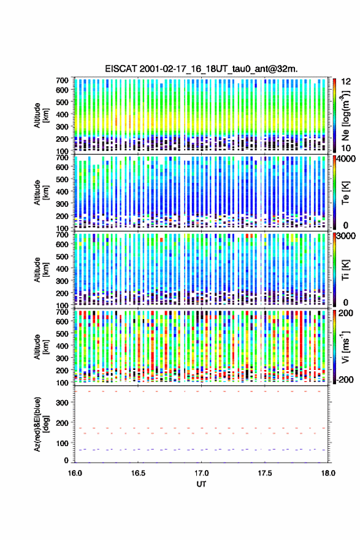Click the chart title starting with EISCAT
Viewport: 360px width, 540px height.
tap(201, 69)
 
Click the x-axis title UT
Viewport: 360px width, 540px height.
tap(201, 484)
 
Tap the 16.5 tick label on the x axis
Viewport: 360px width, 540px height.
tap(138, 473)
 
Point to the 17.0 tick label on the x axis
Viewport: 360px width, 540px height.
tap(201, 473)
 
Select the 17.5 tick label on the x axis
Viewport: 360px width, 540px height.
tap(265, 473)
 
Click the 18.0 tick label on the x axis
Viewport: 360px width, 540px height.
tap(328, 473)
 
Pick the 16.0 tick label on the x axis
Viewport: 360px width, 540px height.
tap(75, 473)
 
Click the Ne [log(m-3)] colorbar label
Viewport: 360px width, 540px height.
tap(347, 116)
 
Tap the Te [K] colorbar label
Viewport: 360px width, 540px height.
tap(345, 193)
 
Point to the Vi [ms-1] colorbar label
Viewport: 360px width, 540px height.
tap(345, 347)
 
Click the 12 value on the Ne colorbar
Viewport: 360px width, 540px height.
tap(346, 82)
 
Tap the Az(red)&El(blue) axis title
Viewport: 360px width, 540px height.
tap(41, 424)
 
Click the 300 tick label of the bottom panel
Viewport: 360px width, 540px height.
tap(63, 403)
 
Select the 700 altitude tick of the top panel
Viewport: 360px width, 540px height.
tap(63, 80)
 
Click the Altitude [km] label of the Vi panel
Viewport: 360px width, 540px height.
tap(41, 347)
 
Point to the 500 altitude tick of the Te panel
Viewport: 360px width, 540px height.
tap(63, 179)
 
